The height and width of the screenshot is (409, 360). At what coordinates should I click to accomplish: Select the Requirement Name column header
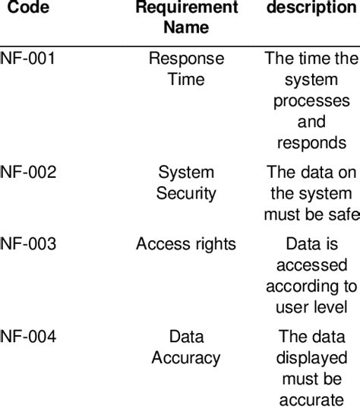tap(186, 17)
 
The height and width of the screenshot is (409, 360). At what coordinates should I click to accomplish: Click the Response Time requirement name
tap(186, 68)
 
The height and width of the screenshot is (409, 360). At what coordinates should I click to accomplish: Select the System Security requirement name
tap(186, 182)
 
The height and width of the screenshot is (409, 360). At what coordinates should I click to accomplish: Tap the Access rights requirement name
tap(186, 244)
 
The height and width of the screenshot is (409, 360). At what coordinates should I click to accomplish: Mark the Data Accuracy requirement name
tap(186, 347)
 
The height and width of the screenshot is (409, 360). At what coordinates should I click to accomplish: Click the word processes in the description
tap(311, 101)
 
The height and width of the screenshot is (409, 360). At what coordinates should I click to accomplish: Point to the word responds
tap(311, 142)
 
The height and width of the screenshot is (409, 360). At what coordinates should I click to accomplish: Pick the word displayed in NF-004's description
tap(311, 357)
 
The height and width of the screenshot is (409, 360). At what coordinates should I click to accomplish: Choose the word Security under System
tap(186, 193)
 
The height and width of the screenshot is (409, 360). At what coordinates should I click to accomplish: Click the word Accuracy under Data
tap(186, 357)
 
